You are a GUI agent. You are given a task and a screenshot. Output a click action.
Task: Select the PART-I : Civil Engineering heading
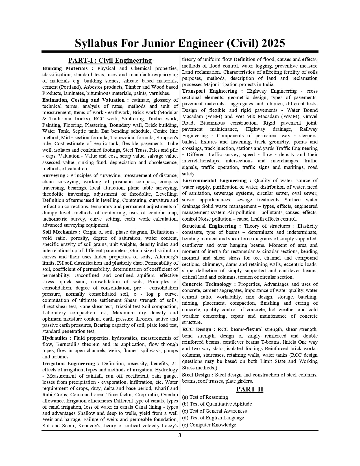coord(110,60)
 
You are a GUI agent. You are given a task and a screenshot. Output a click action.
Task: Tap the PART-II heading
coord(250,389)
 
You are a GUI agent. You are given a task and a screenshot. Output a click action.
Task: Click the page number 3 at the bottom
coord(180,435)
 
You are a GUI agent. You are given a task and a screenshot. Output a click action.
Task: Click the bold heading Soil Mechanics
coord(59,232)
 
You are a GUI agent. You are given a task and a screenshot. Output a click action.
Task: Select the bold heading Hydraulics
coord(55,338)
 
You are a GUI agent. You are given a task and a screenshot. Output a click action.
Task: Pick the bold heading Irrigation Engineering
coord(69,363)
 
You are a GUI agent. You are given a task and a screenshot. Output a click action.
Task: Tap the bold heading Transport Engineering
coord(210,91)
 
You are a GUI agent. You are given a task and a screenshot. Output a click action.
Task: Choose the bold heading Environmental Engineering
coord(214,180)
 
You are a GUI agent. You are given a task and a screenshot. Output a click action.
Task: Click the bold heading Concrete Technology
coord(207,284)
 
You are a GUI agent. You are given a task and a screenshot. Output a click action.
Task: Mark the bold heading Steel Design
coord(196,375)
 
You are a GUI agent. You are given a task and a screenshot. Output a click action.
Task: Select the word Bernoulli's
coord(70,344)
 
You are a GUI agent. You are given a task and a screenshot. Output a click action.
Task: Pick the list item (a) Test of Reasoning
coord(205,397)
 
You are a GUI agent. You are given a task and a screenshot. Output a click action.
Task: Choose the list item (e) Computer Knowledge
coord(209,425)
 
